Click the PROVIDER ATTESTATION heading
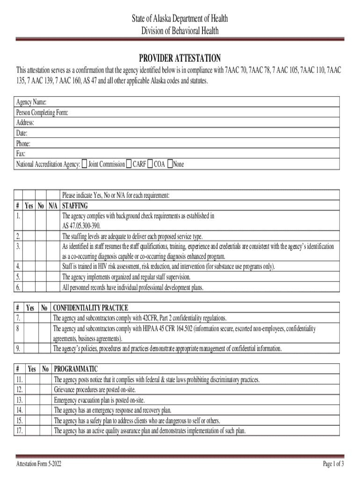180,58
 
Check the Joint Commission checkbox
85,164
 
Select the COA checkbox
150,164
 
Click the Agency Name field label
31,102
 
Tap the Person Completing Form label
43,112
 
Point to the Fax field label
21,154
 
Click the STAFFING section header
75,206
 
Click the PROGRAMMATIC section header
76,369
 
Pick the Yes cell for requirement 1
29,220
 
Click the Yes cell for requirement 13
31,400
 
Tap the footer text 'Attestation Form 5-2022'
38,464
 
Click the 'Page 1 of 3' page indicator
333,464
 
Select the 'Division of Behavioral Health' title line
180,31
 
